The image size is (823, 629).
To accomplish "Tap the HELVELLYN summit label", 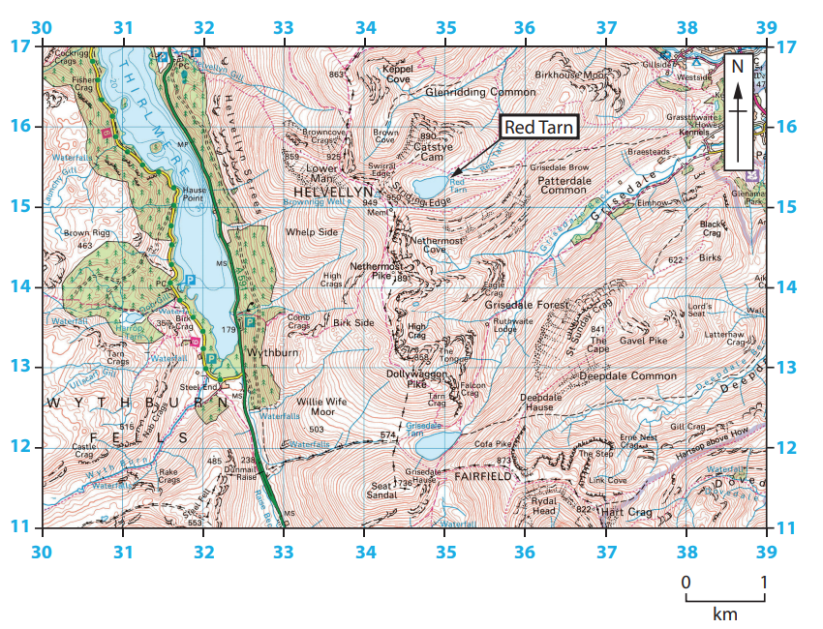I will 328,194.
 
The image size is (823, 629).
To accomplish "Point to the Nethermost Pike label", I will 376,269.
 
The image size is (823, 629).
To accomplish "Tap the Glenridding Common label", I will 480,92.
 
